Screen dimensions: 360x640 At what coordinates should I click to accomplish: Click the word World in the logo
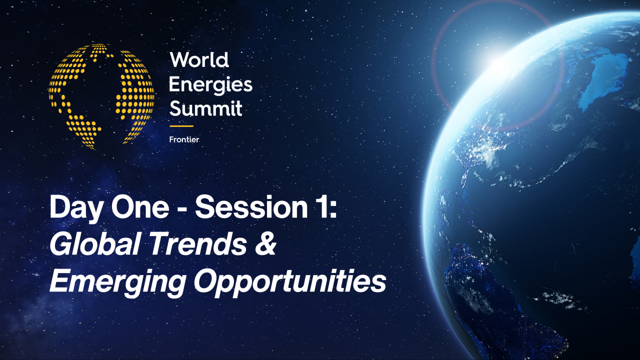coord(199,60)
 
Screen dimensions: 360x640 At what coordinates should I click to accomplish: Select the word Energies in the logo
coord(210,85)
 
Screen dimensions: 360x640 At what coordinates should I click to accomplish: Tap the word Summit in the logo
coord(205,108)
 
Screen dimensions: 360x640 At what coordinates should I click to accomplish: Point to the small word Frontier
coord(184,139)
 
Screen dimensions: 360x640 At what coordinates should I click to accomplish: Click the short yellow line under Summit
coord(181,126)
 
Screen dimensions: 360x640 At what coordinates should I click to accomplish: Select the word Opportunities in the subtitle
coord(290,281)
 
